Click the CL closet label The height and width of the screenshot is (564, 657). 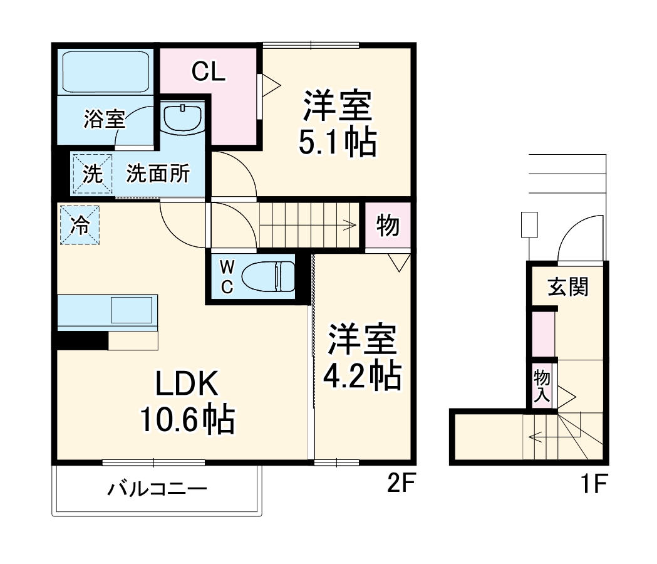coord(208,73)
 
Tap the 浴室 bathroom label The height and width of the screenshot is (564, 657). coord(104,119)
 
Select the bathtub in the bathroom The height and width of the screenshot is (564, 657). coord(105,72)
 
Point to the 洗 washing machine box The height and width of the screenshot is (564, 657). coord(93,174)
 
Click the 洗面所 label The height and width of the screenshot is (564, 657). coord(158,174)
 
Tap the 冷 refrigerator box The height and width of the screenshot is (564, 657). coord(80,226)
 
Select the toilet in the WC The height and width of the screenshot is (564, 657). coord(268,276)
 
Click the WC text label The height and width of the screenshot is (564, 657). coord(227,277)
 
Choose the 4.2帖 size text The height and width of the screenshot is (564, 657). coord(361,375)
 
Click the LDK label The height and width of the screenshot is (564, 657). coord(186,384)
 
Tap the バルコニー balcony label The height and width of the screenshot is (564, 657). coord(157,489)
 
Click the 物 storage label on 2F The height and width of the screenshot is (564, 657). coord(388,225)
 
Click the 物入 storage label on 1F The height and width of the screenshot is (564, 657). coord(542,386)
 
